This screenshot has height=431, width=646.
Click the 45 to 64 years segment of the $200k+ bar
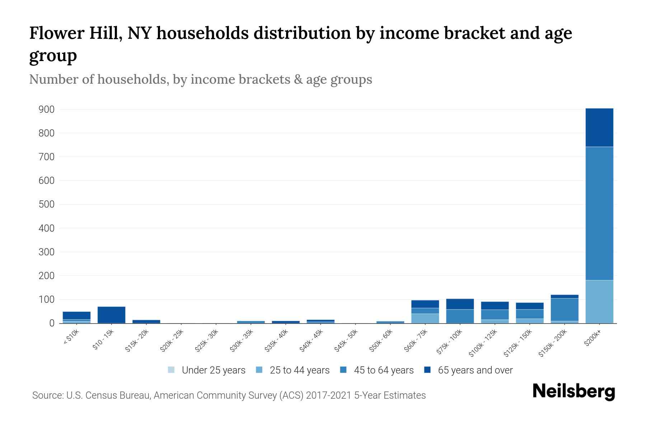[x=599, y=213]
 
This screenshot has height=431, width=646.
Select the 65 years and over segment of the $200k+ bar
[x=599, y=128]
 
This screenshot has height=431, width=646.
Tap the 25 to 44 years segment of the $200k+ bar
[x=599, y=302]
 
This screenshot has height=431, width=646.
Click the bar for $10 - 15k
[x=111, y=315]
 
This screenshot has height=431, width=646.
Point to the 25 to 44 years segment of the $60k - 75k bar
[x=425, y=319]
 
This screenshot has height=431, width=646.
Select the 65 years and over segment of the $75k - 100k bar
[x=460, y=304]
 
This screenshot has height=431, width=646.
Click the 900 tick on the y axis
[x=46, y=110]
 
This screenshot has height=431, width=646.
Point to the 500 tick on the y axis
[x=46, y=204]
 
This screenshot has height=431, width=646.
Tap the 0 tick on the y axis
[x=52, y=323]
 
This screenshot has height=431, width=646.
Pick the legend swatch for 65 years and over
[x=427, y=370]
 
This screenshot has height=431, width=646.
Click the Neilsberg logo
[x=574, y=391]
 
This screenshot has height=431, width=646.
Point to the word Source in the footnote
[x=47, y=395]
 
